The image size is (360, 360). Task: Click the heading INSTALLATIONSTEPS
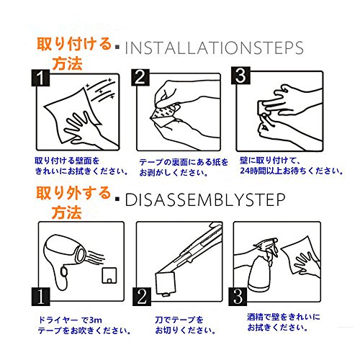[x=214, y=48]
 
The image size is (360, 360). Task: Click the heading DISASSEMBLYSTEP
[x=205, y=199]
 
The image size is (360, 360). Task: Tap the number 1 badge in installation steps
[x=40, y=78]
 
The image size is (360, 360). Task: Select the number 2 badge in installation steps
[x=140, y=77]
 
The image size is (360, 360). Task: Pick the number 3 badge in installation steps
[x=240, y=76]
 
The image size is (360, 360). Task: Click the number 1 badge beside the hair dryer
[x=41, y=297]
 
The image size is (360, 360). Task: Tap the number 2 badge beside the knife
[x=142, y=297]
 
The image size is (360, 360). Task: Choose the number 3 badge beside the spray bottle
[x=238, y=297]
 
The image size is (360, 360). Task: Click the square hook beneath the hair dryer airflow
[x=109, y=275]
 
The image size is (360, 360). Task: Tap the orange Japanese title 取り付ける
[x=74, y=44]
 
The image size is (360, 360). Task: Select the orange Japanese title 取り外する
[x=73, y=193]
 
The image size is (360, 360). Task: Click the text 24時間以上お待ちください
[x=292, y=171]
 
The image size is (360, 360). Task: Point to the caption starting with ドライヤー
[x=84, y=325]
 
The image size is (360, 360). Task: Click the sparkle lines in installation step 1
[x=101, y=89]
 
